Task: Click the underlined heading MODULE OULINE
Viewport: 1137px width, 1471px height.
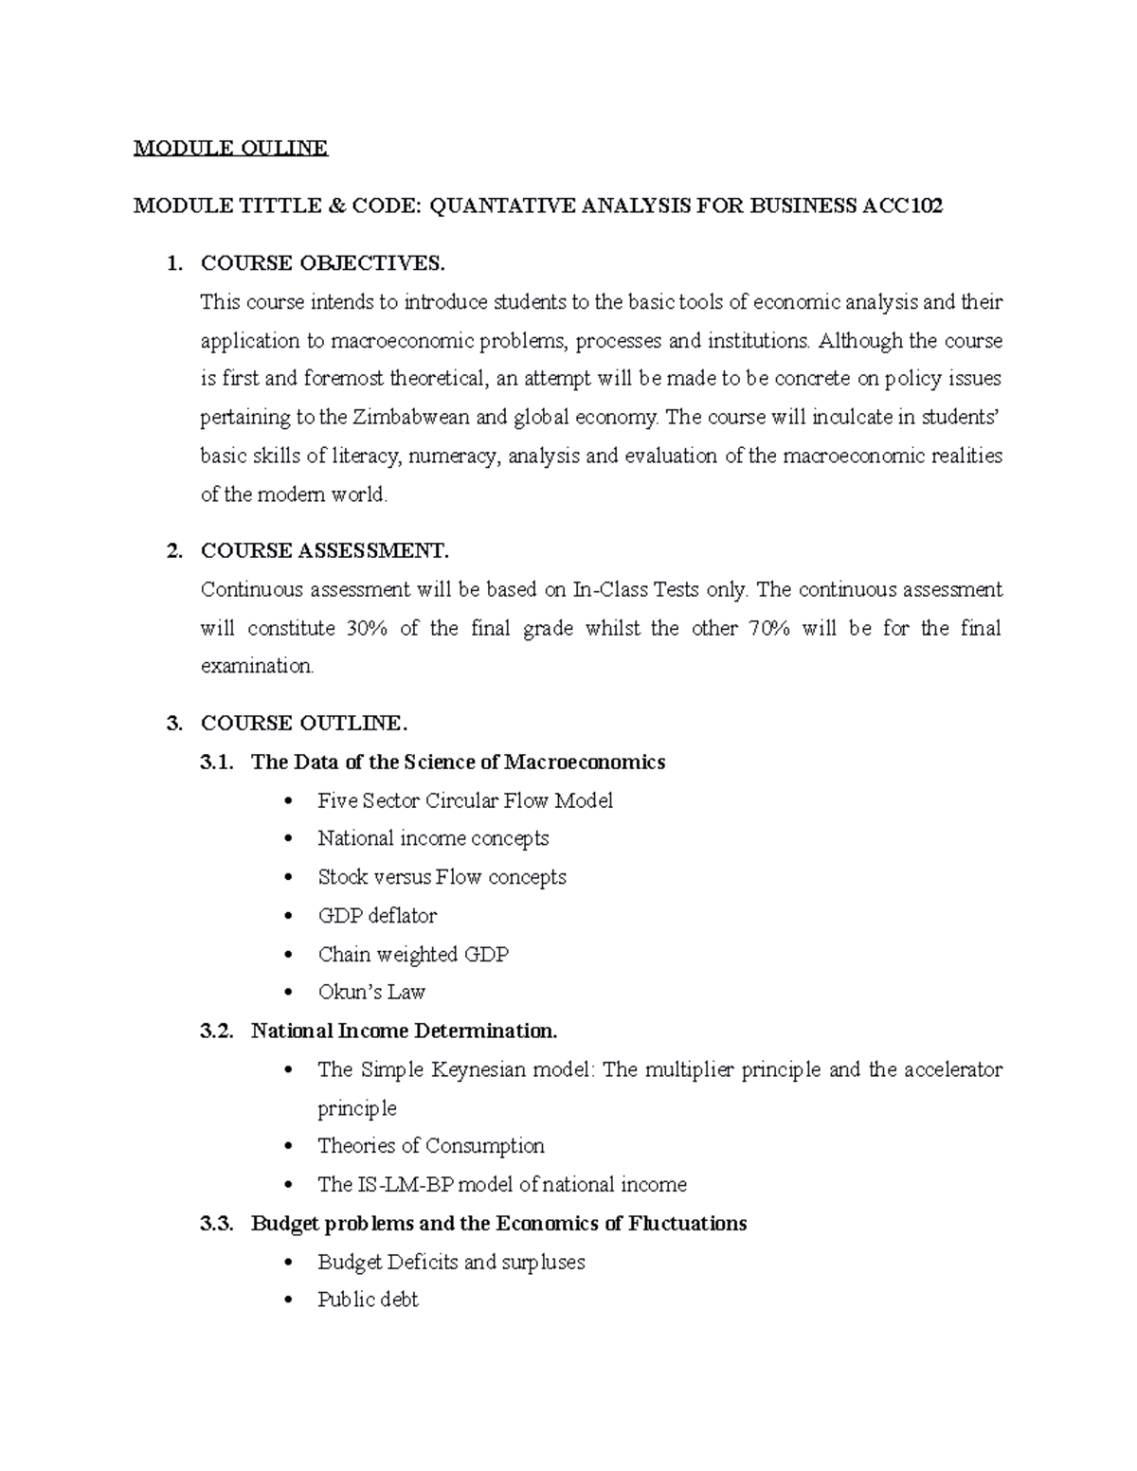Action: point(230,148)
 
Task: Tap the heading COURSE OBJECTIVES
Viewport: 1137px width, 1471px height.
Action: point(321,262)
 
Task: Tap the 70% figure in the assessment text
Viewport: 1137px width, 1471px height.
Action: point(767,628)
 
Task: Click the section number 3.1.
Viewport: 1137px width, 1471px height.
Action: point(216,762)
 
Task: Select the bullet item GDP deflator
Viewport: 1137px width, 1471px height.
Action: point(377,916)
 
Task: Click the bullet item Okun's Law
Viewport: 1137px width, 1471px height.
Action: point(371,993)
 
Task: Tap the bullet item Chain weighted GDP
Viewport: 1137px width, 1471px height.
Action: point(413,954)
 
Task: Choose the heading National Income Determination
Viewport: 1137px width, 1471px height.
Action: point(405,1031)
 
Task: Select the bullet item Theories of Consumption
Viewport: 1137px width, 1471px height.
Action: point(431,1146)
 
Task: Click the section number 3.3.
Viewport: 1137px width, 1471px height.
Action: point(216,1223)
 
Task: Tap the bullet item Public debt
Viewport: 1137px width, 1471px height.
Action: point(368,1300)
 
